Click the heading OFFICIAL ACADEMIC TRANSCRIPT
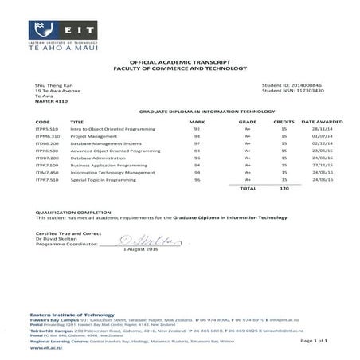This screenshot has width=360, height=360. click(x=179, y=61)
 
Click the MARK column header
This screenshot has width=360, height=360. click(x=196, y=122)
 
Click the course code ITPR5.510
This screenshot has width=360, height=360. click(x=47, y=129)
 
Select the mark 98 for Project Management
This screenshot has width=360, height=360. click(x=196, y=136)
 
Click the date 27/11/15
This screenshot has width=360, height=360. click(x=322, y=166)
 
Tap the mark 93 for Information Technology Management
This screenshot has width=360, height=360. click(x=196, y=173)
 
